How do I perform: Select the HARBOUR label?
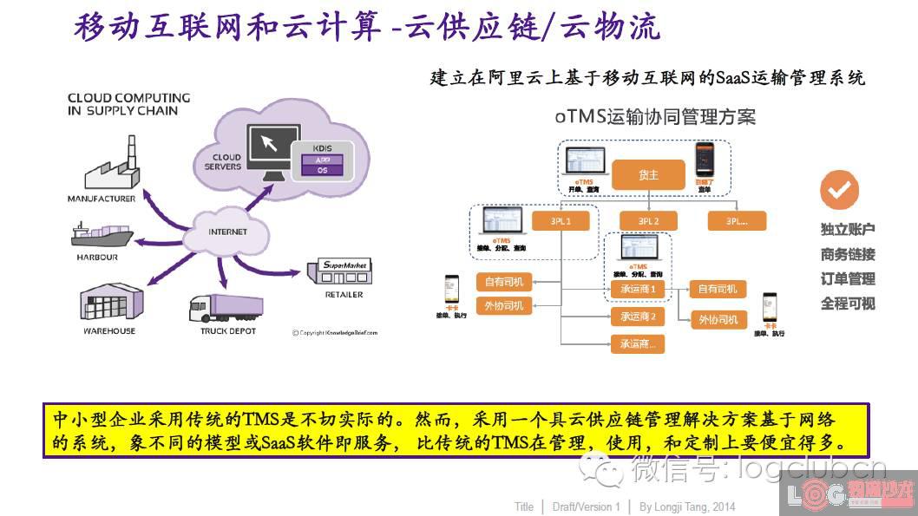(x=95, y=258)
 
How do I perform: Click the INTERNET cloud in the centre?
(x=227, y=232)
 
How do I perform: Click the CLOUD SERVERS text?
(x=224, y=162)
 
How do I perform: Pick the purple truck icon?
(x=226, y=309)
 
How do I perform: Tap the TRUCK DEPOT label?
(x=227, y=331)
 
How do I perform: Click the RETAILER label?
(x=344, y=295)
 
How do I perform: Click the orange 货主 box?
(x=648, y=175)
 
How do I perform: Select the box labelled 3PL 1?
(x=561, y=221)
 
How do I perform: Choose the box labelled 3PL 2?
(x=649, y=221)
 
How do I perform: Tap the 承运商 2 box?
(x=638, y=317)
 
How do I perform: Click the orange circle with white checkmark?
(x=839, y=189)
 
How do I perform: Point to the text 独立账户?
(x=848, y=230)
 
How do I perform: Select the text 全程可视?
(x=848, y=304)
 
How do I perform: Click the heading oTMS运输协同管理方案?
(x=655, y=116)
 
